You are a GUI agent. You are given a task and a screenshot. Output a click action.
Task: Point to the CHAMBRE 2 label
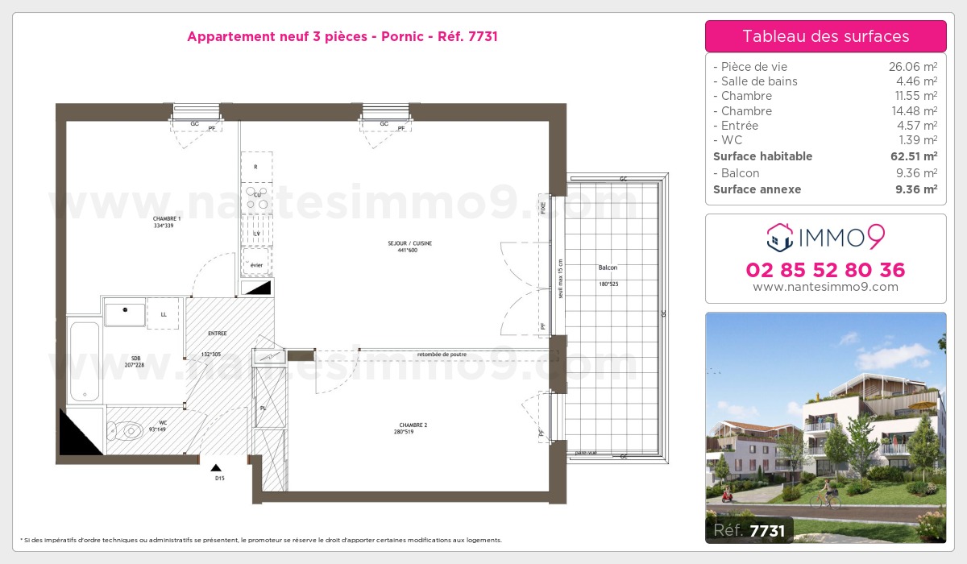[x=413, y=425]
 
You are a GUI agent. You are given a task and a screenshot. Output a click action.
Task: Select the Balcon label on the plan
[x=608, y=267]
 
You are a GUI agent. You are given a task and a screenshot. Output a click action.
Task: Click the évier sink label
[x=256, y=265]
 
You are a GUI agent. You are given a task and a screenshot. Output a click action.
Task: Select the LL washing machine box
[x=164, y=313]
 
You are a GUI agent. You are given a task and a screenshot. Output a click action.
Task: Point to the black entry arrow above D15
[x=215, y=467]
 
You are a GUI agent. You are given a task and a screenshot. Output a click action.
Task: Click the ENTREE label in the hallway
[x=217, y=333]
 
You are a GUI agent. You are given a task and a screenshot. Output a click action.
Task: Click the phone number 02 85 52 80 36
[x=825, y=270]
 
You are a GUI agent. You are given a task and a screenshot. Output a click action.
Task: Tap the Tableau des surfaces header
[x=825, y=36]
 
